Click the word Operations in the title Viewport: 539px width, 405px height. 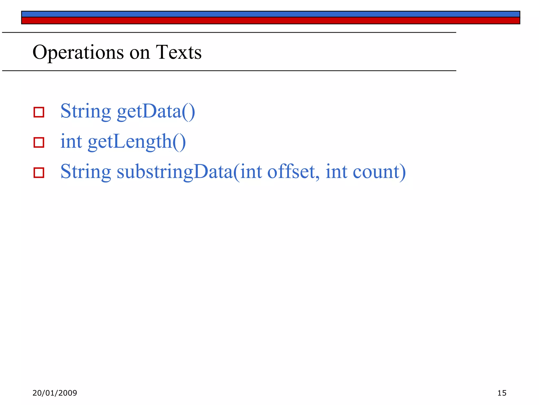tap(78, 52)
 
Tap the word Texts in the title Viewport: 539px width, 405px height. tap(179, 52)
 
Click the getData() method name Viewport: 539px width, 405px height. tap(156, 111)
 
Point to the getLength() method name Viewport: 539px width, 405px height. tap(137, 142)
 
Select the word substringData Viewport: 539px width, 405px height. tap(175, 172)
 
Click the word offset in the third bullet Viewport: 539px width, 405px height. tap(291, 172)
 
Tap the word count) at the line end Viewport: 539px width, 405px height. tap(379, 172)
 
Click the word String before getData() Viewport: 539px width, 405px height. tap(86, 111)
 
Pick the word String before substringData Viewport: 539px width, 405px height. tap(86, 172)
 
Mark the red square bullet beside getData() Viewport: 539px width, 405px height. tap(39, 112)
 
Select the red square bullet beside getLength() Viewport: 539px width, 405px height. tap(39, 142)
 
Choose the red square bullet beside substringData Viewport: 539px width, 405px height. tap(39, 173)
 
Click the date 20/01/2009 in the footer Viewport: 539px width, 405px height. tap(55, 393)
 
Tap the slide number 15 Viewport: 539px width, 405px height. tap(502, 393)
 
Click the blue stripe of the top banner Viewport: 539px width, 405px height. tap(271, 14)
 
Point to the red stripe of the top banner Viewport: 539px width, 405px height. tap(271, 21)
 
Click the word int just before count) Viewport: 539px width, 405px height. tap(336, 171)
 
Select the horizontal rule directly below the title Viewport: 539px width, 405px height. tap(229, 71)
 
